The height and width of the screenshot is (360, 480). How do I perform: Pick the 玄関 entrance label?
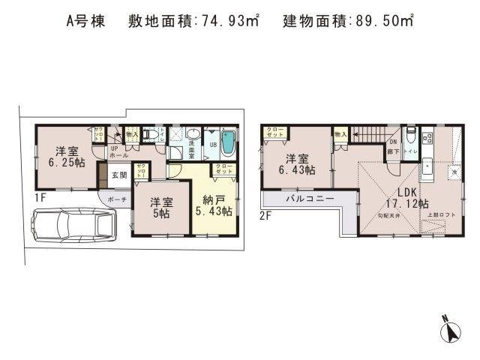(x=120, y=176)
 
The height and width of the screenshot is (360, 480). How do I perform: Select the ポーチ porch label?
(x=116, y=200)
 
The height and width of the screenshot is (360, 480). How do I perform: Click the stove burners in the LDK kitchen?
(x=428, y=139)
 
